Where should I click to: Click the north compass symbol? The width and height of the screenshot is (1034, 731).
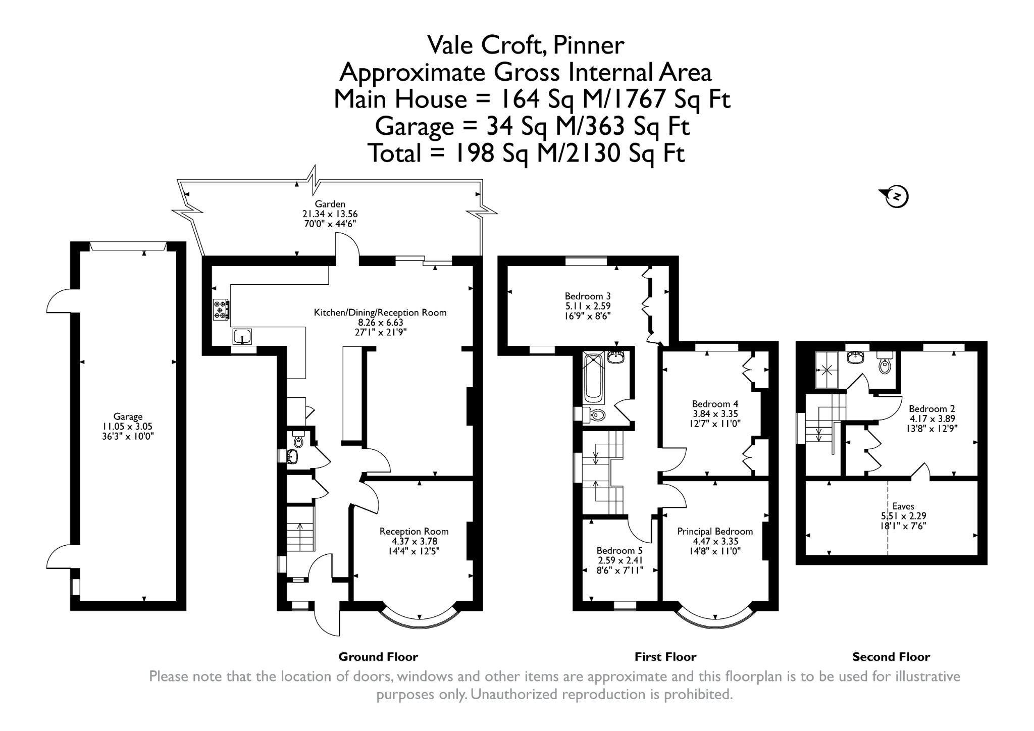pyautogui.click(x=896, y=196)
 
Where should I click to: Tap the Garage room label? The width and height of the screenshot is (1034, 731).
pyautogui.click(x=128, y=416)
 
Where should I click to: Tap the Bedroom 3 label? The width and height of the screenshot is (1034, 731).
pyautogui.click(x=588, y=296)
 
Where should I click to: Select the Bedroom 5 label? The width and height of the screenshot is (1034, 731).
pyautogui.click(x=619, y=550)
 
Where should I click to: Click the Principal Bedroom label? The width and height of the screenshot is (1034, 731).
pyautogui.click(x=715, y=531)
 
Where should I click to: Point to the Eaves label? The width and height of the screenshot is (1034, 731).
pyautogui.click(x=903, y=506)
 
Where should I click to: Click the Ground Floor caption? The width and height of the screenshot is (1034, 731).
pyautogui.click(x=378, y=657)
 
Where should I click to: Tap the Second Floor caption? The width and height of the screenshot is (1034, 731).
pyautogui.click(x=891, y=657)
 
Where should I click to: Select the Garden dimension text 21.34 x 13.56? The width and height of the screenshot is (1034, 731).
pyautogui.click(x=330, y=214)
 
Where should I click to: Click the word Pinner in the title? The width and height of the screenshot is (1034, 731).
pyautogui.click(x=589, y=45)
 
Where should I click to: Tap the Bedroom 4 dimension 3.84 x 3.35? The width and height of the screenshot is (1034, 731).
pyautogui.click(x=715, y=414)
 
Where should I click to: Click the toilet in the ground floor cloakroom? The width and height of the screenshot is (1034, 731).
pyautogui.click(x=298, y=440)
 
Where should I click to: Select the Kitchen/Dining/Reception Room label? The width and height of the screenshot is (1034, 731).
pyautogui.click(x=380, y=312)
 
